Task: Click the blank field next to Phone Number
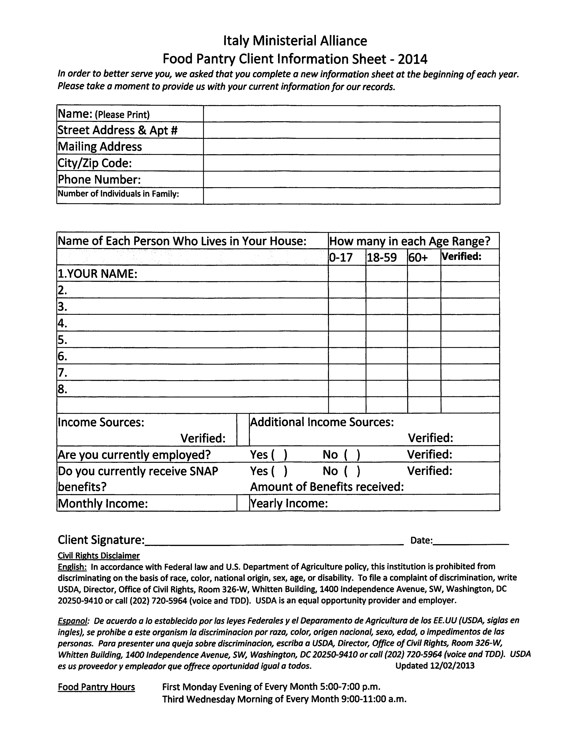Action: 351,179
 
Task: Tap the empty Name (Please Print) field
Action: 351,114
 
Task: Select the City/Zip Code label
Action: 95,163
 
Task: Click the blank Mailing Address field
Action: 351,147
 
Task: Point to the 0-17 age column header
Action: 341,257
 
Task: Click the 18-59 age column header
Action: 381,257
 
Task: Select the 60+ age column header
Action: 418,257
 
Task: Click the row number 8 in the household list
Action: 62,389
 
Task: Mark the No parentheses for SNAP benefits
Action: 352,471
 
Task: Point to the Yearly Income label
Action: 289,504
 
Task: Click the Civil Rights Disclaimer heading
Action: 99,556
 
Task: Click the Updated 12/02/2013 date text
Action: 435,666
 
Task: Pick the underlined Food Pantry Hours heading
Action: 96,687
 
